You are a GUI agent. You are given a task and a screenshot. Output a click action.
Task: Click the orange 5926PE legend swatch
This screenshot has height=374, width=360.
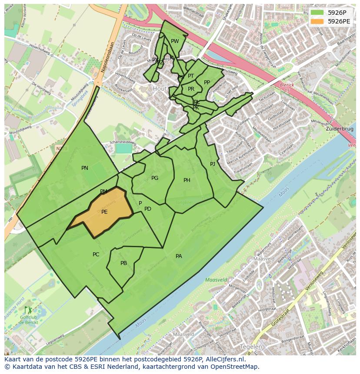[x=317, y=21]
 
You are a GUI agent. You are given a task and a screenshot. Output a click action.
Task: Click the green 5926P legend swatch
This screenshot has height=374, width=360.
[x=317, y=13]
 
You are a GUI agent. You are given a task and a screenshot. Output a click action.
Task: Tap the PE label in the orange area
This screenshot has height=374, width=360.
[x=104, y=212]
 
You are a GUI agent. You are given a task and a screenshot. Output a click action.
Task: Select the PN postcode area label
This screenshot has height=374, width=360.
[x=85, y=168]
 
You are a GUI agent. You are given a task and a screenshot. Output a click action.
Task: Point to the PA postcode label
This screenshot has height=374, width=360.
[x=179, y=256]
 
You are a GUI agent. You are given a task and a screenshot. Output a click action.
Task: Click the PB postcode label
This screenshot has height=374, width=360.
[x=123, y=263]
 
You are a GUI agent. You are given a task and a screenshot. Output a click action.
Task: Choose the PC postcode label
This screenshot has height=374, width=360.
[x=96, y=255]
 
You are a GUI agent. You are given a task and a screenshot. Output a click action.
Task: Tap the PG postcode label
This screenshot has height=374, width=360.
[x=155, y=178]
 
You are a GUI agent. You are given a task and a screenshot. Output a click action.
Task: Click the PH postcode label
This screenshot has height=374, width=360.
[x=187, y=180]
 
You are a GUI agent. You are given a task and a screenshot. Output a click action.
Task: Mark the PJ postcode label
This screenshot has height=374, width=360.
[x=213, y=164]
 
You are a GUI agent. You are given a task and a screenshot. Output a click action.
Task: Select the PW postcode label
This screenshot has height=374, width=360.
[x=175, y=42]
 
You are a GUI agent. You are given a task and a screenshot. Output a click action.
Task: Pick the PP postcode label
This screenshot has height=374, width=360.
[x=207, y=83]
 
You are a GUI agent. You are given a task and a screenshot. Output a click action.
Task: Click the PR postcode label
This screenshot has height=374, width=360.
[x=191, y=89]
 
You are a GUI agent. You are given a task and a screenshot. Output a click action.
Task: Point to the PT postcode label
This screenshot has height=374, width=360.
[x=191, y=76]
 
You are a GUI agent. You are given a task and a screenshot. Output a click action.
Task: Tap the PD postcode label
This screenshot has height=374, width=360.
[x=148, y=209]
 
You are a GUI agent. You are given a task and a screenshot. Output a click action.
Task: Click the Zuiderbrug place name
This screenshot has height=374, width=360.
[x=339, y=129]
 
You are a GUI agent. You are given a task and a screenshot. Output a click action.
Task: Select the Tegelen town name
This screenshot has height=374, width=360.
[x=251, y=347]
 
